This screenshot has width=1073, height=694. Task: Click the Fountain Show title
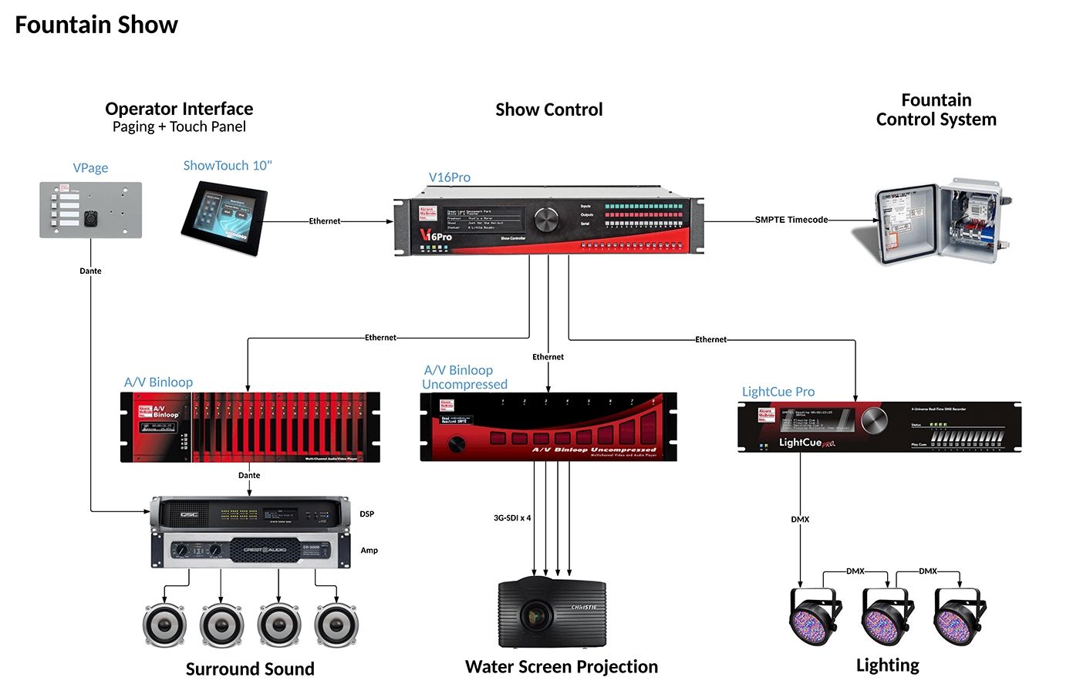tap(96, 25)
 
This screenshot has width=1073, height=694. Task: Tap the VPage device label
tap(90, 168)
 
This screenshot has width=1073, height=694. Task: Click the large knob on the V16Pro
tap(545, 220)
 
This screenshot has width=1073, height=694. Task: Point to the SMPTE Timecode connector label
tap(791, 220)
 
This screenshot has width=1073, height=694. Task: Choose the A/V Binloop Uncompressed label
tap(464, 377)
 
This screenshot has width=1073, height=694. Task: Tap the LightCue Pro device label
tap(778, 392)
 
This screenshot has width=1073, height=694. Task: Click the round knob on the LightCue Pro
tap(874, 420)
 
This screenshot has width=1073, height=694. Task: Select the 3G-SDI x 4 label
tap(512, 518)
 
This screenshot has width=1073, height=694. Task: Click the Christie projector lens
tap(534, 615)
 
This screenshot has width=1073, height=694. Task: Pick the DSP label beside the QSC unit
tap(366, 514)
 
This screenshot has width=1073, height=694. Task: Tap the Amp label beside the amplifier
tap(369, 551)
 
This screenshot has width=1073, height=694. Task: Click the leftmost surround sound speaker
tap(165, 625)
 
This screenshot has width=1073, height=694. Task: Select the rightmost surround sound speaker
tap(336, 625)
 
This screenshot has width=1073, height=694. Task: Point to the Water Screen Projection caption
tap(561, 667)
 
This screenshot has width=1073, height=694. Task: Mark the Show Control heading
tap(548, 109)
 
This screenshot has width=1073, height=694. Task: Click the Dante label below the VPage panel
tap(90, 271)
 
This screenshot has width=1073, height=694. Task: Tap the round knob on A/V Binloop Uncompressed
tap(457, 444)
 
